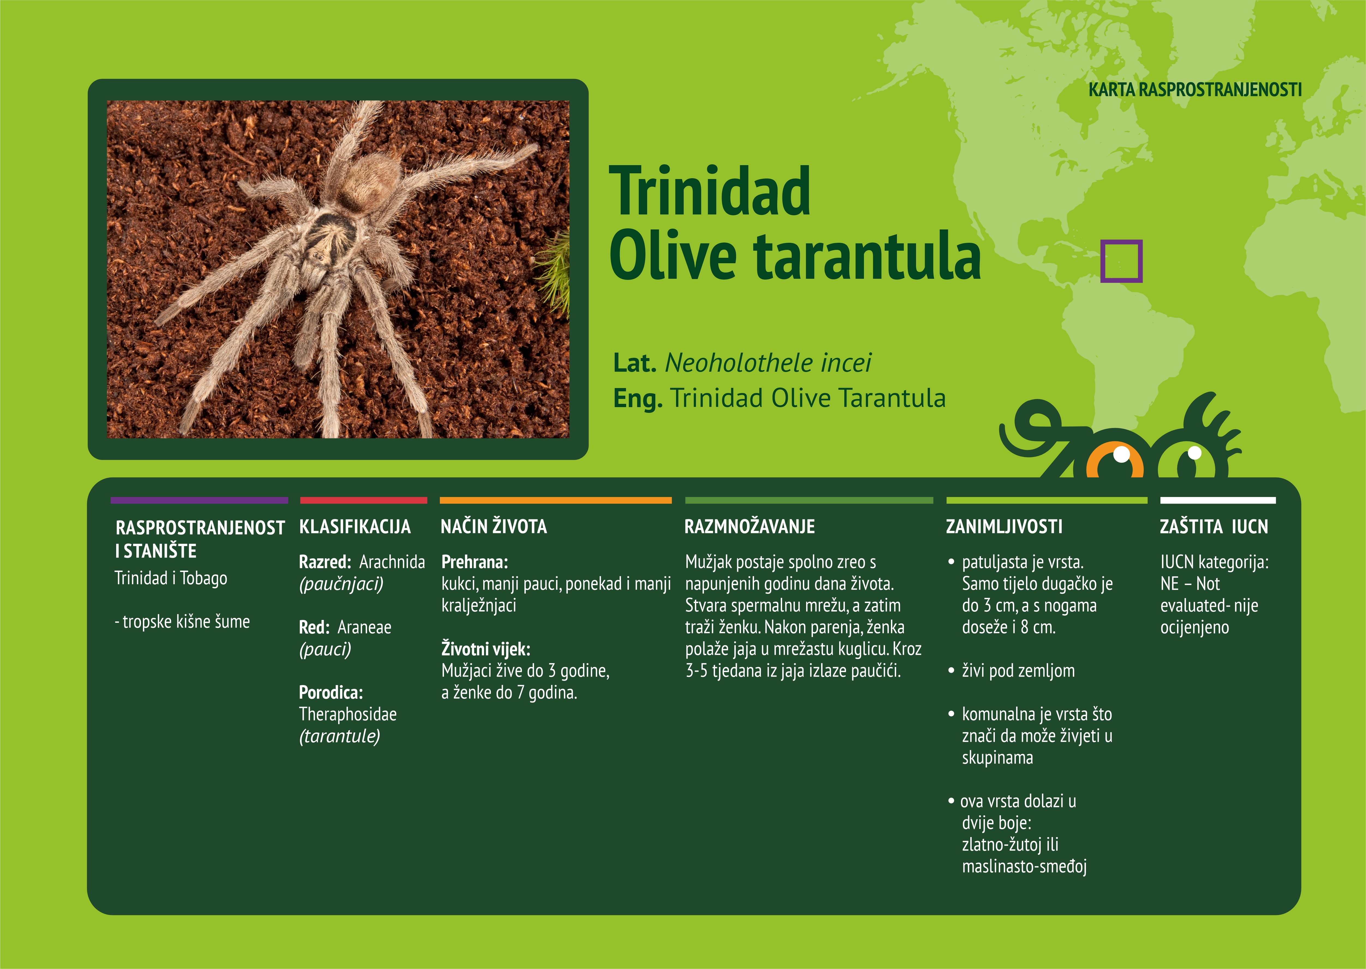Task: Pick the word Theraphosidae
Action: coord(347,714)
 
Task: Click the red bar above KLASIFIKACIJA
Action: coord(364,500)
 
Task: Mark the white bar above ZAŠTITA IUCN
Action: coord(1218,500)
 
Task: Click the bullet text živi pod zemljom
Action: coord(1018,671)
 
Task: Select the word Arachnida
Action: coord(392,562)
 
